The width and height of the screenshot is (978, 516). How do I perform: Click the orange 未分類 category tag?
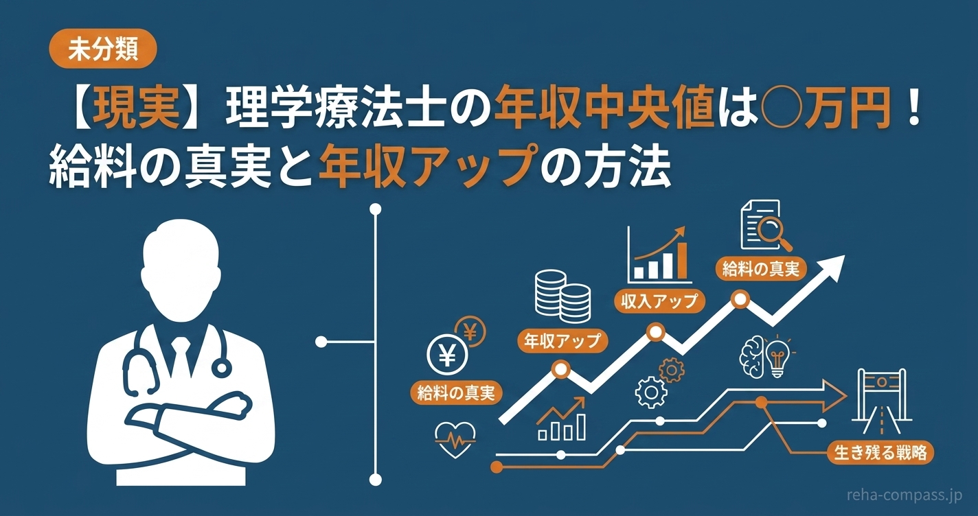point(102,49)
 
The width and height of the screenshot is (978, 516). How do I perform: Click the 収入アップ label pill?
point(659,301)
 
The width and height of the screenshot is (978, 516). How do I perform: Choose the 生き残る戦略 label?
point(880,452)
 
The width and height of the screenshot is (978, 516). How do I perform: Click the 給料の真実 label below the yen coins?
point(456,392)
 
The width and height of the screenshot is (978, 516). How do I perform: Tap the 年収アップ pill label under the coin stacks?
point(562,340)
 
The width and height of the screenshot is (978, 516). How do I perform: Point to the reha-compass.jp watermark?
point(905,495)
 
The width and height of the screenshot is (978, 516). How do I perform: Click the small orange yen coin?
point(470,331)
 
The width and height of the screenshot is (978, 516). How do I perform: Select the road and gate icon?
point(882,401)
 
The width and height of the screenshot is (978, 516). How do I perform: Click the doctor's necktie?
point(181,355)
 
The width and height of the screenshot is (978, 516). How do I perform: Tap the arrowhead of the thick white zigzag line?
point(830,268)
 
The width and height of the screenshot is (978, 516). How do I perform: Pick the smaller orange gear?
point(672,370)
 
